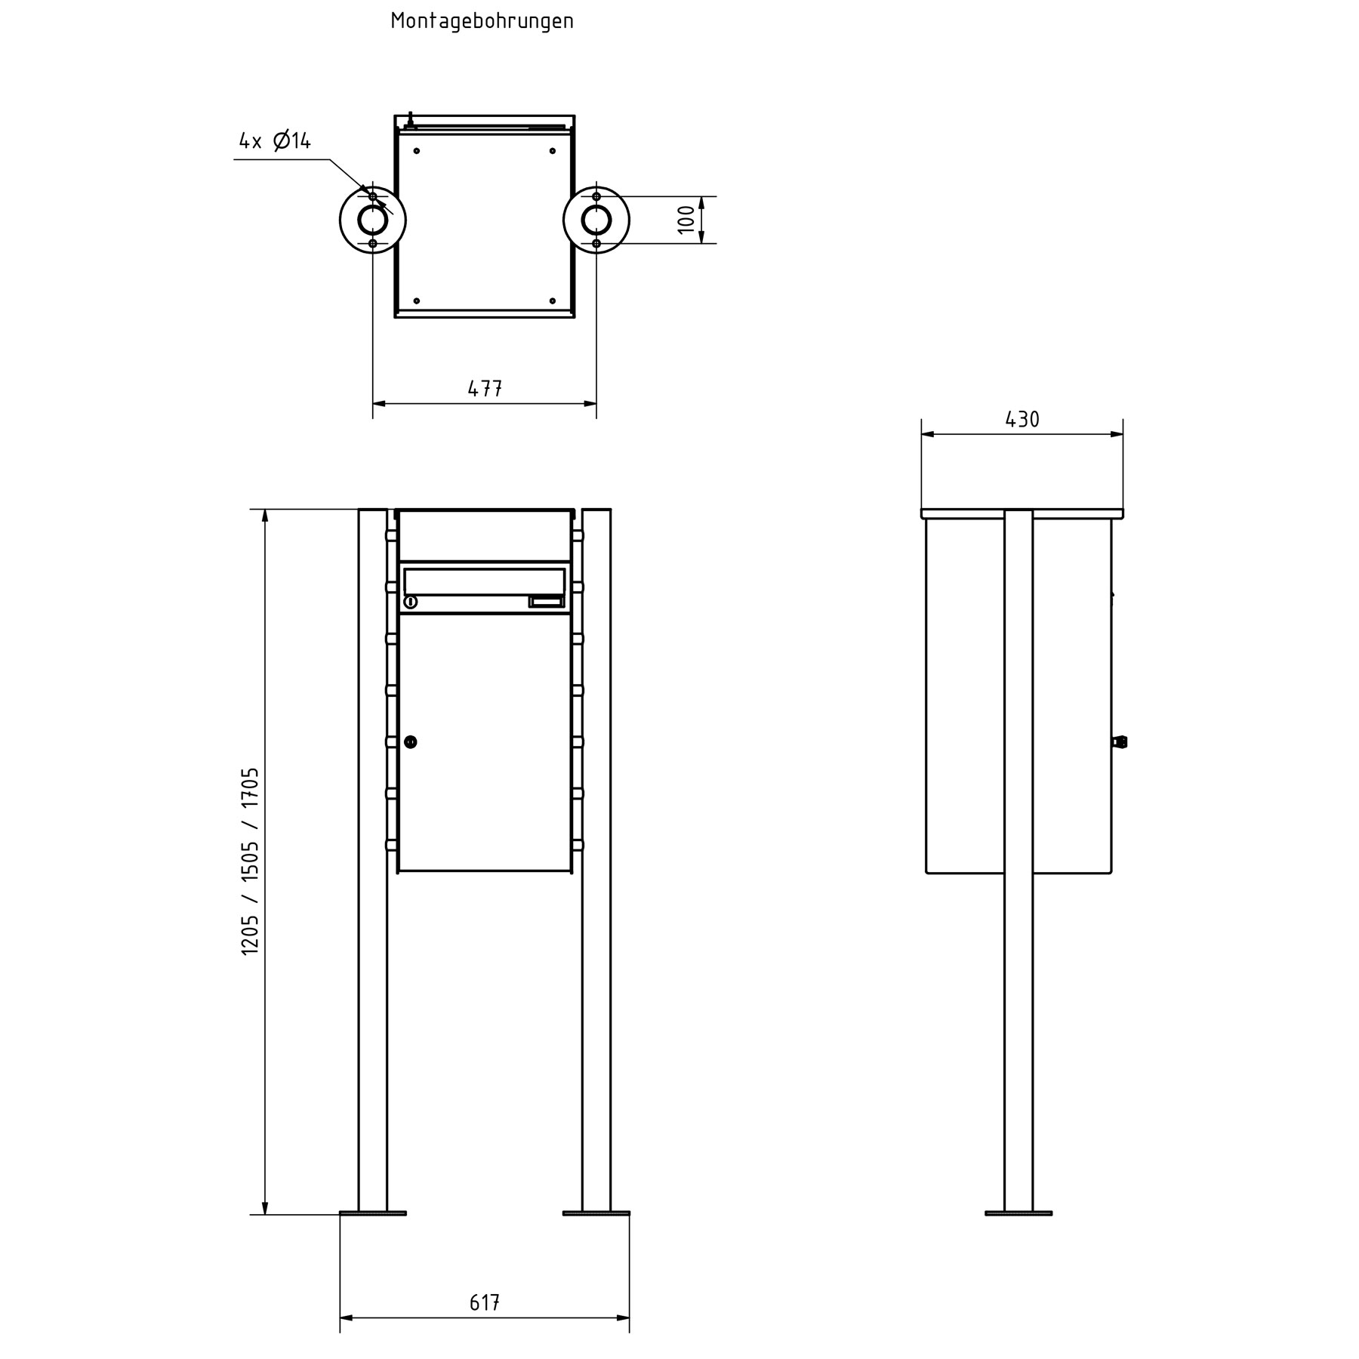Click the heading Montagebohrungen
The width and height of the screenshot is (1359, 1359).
point(482,21)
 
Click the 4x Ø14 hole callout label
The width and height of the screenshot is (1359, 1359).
point(275,141)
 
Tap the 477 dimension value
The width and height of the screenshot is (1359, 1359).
point(485,389)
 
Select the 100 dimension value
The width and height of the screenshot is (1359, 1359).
point(686,220)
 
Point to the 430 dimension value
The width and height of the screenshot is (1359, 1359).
point(1022,420)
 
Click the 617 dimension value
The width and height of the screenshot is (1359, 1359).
point(485,1302)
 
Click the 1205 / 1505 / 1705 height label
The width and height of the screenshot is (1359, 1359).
point(251,861)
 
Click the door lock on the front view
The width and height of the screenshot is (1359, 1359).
point(411,742)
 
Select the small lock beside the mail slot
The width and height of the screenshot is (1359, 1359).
point(411,602)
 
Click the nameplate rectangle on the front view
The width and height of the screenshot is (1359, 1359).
point(546,602)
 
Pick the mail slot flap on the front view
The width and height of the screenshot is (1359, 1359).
point(484,581)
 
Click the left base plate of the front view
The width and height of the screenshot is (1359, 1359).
point(372,1234)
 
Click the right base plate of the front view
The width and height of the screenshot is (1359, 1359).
point(596,1234)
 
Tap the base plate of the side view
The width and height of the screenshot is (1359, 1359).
point(1018,1234)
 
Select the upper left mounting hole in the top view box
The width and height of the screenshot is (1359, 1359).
point(416,151)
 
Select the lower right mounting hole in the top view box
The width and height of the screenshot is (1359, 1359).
point(553,300)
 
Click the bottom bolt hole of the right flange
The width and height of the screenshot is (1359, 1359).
point(596,243)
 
